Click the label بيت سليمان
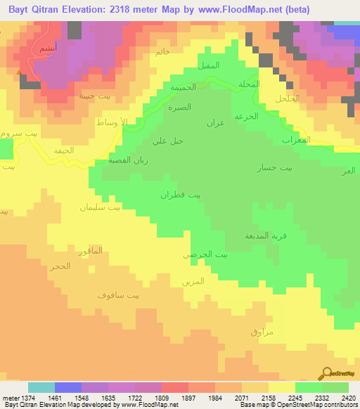[x=100, y=208]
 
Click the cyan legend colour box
[x=41, y=387]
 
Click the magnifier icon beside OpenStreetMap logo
[x=326, y=373]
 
